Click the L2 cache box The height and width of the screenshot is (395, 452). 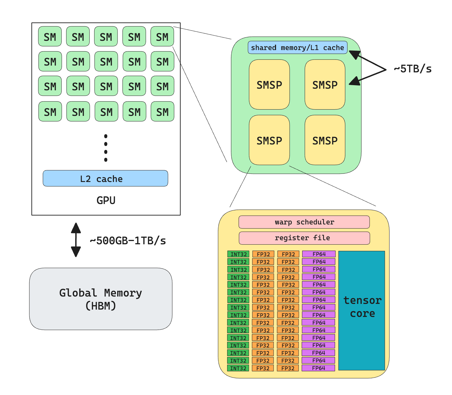(x=105, y=178)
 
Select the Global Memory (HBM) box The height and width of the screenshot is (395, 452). (x=101, y=299)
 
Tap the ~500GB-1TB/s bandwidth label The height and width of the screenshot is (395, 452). (x=128, y=241)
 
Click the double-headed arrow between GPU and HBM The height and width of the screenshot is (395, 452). (x=76, y=240)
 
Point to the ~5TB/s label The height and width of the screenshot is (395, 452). (x=413, y=69)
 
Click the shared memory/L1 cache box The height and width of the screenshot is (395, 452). (x=297, y=48)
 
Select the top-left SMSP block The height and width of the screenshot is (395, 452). (x=269, y=85)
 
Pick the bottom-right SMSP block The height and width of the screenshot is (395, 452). (x=325, y=140)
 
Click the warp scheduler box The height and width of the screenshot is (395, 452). (x=304, y=222)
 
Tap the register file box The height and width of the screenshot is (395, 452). (x=304, y=238)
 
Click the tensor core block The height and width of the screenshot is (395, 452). (x=361, y=310)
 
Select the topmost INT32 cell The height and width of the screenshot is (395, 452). (x=238, y=254)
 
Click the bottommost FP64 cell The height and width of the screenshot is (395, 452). (x=318, y=368)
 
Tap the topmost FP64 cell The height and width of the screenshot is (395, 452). (x=319, y=254)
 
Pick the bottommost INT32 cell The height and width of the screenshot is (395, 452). (x=238, y=368)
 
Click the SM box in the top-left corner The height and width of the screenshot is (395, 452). (x=50, y=36)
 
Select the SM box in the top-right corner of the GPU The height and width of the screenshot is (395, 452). (x=162, y=36)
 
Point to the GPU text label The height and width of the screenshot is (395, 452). (x=106, y=200)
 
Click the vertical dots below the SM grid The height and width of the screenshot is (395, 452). (x=106, y=148)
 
